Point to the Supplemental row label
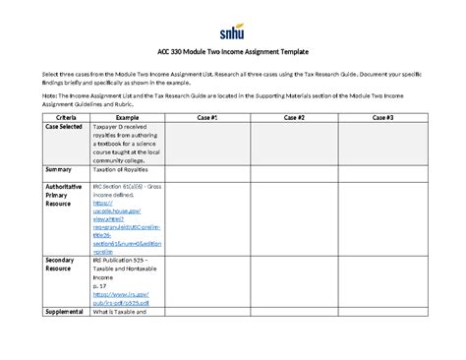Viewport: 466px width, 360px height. point(66,313)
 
